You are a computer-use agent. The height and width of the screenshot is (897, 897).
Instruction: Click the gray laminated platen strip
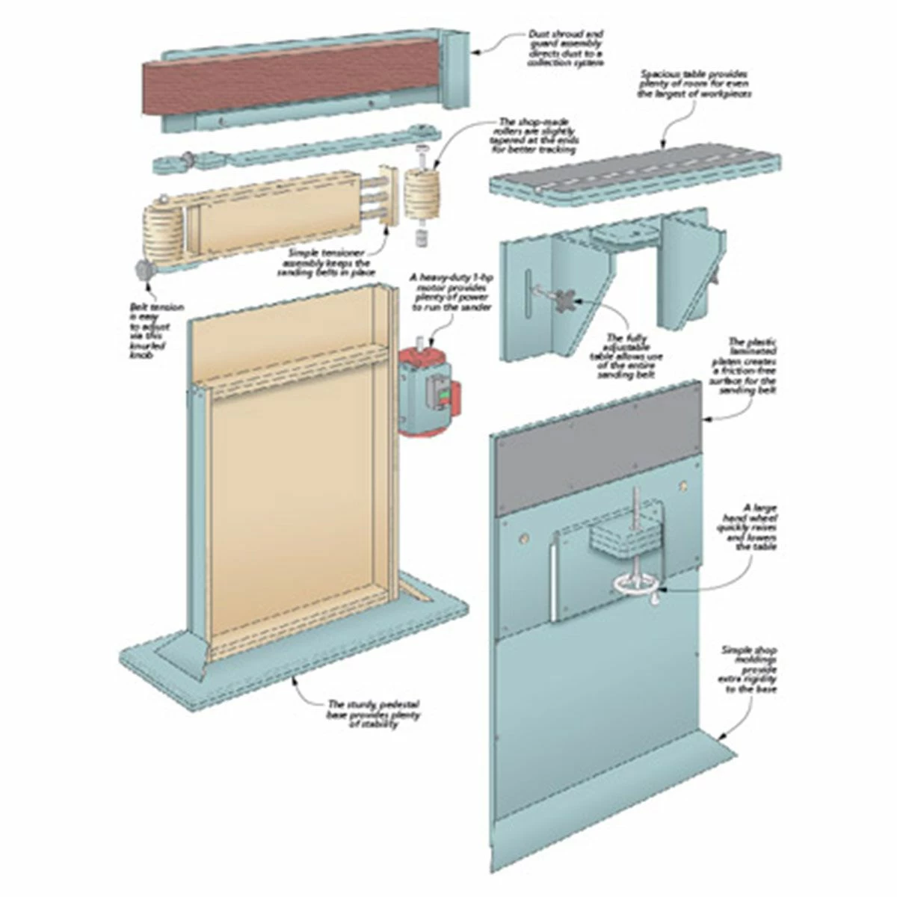click(598, 463)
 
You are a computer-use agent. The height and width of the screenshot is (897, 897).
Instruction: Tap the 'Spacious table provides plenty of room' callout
click(694, 84)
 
